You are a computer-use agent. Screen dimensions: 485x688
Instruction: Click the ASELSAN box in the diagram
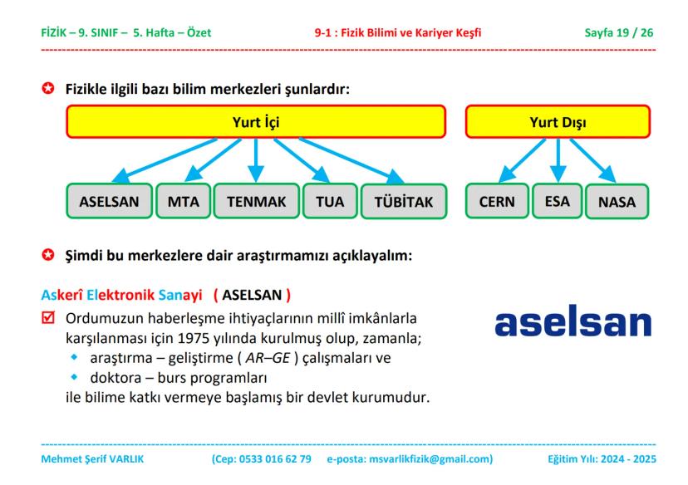(109, 201)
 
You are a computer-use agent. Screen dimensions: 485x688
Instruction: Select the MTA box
(183, 201)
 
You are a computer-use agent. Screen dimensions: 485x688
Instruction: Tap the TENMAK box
(256, 201)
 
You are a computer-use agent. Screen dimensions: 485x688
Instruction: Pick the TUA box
(330, 201)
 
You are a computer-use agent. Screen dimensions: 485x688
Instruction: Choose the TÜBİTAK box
(403, 202)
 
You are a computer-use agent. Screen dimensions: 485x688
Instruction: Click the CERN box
(497, 201)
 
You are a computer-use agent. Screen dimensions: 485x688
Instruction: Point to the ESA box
(558, 201)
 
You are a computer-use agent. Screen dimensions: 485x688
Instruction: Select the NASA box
(617, 202)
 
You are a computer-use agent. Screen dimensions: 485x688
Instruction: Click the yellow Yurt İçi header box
(255, 122)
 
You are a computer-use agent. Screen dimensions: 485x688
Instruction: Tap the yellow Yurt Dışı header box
(558, 122)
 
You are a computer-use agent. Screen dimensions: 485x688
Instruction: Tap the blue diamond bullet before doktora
(73, 378)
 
